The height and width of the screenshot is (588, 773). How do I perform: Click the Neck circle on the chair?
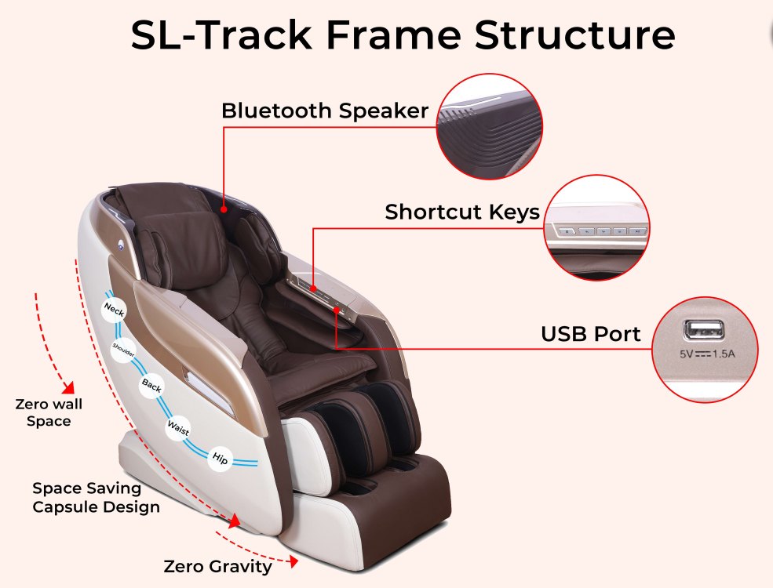point(115,310)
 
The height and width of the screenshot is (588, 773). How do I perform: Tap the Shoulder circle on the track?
point(123,350)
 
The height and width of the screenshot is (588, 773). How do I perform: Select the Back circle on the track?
point(151,385)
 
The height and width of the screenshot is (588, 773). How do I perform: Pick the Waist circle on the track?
point(178,427)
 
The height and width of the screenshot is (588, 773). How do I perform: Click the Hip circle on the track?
point(220,459)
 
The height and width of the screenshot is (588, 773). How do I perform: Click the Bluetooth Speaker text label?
point(325,111)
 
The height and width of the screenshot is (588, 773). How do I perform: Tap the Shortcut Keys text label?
point(462,212)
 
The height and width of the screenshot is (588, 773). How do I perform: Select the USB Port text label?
point(591,334)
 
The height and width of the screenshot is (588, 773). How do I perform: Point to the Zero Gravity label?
point(217,567)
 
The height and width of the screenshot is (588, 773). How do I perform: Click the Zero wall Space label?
point(49,412)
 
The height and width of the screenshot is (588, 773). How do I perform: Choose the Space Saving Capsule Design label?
point(96,497)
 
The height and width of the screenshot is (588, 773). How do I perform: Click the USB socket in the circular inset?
point(703,330)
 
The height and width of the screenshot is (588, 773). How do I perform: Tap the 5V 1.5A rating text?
point(707,354)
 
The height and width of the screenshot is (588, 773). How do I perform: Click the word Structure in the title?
point(574,35)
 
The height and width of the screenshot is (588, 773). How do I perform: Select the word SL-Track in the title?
point(221,35)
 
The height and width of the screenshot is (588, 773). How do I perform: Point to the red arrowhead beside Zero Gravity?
point(294,561)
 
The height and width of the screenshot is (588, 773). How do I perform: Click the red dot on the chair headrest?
point(224,209)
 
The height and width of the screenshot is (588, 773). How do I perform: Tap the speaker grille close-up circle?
point(490,126)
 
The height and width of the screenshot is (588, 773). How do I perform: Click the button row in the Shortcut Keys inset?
point(601,230)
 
